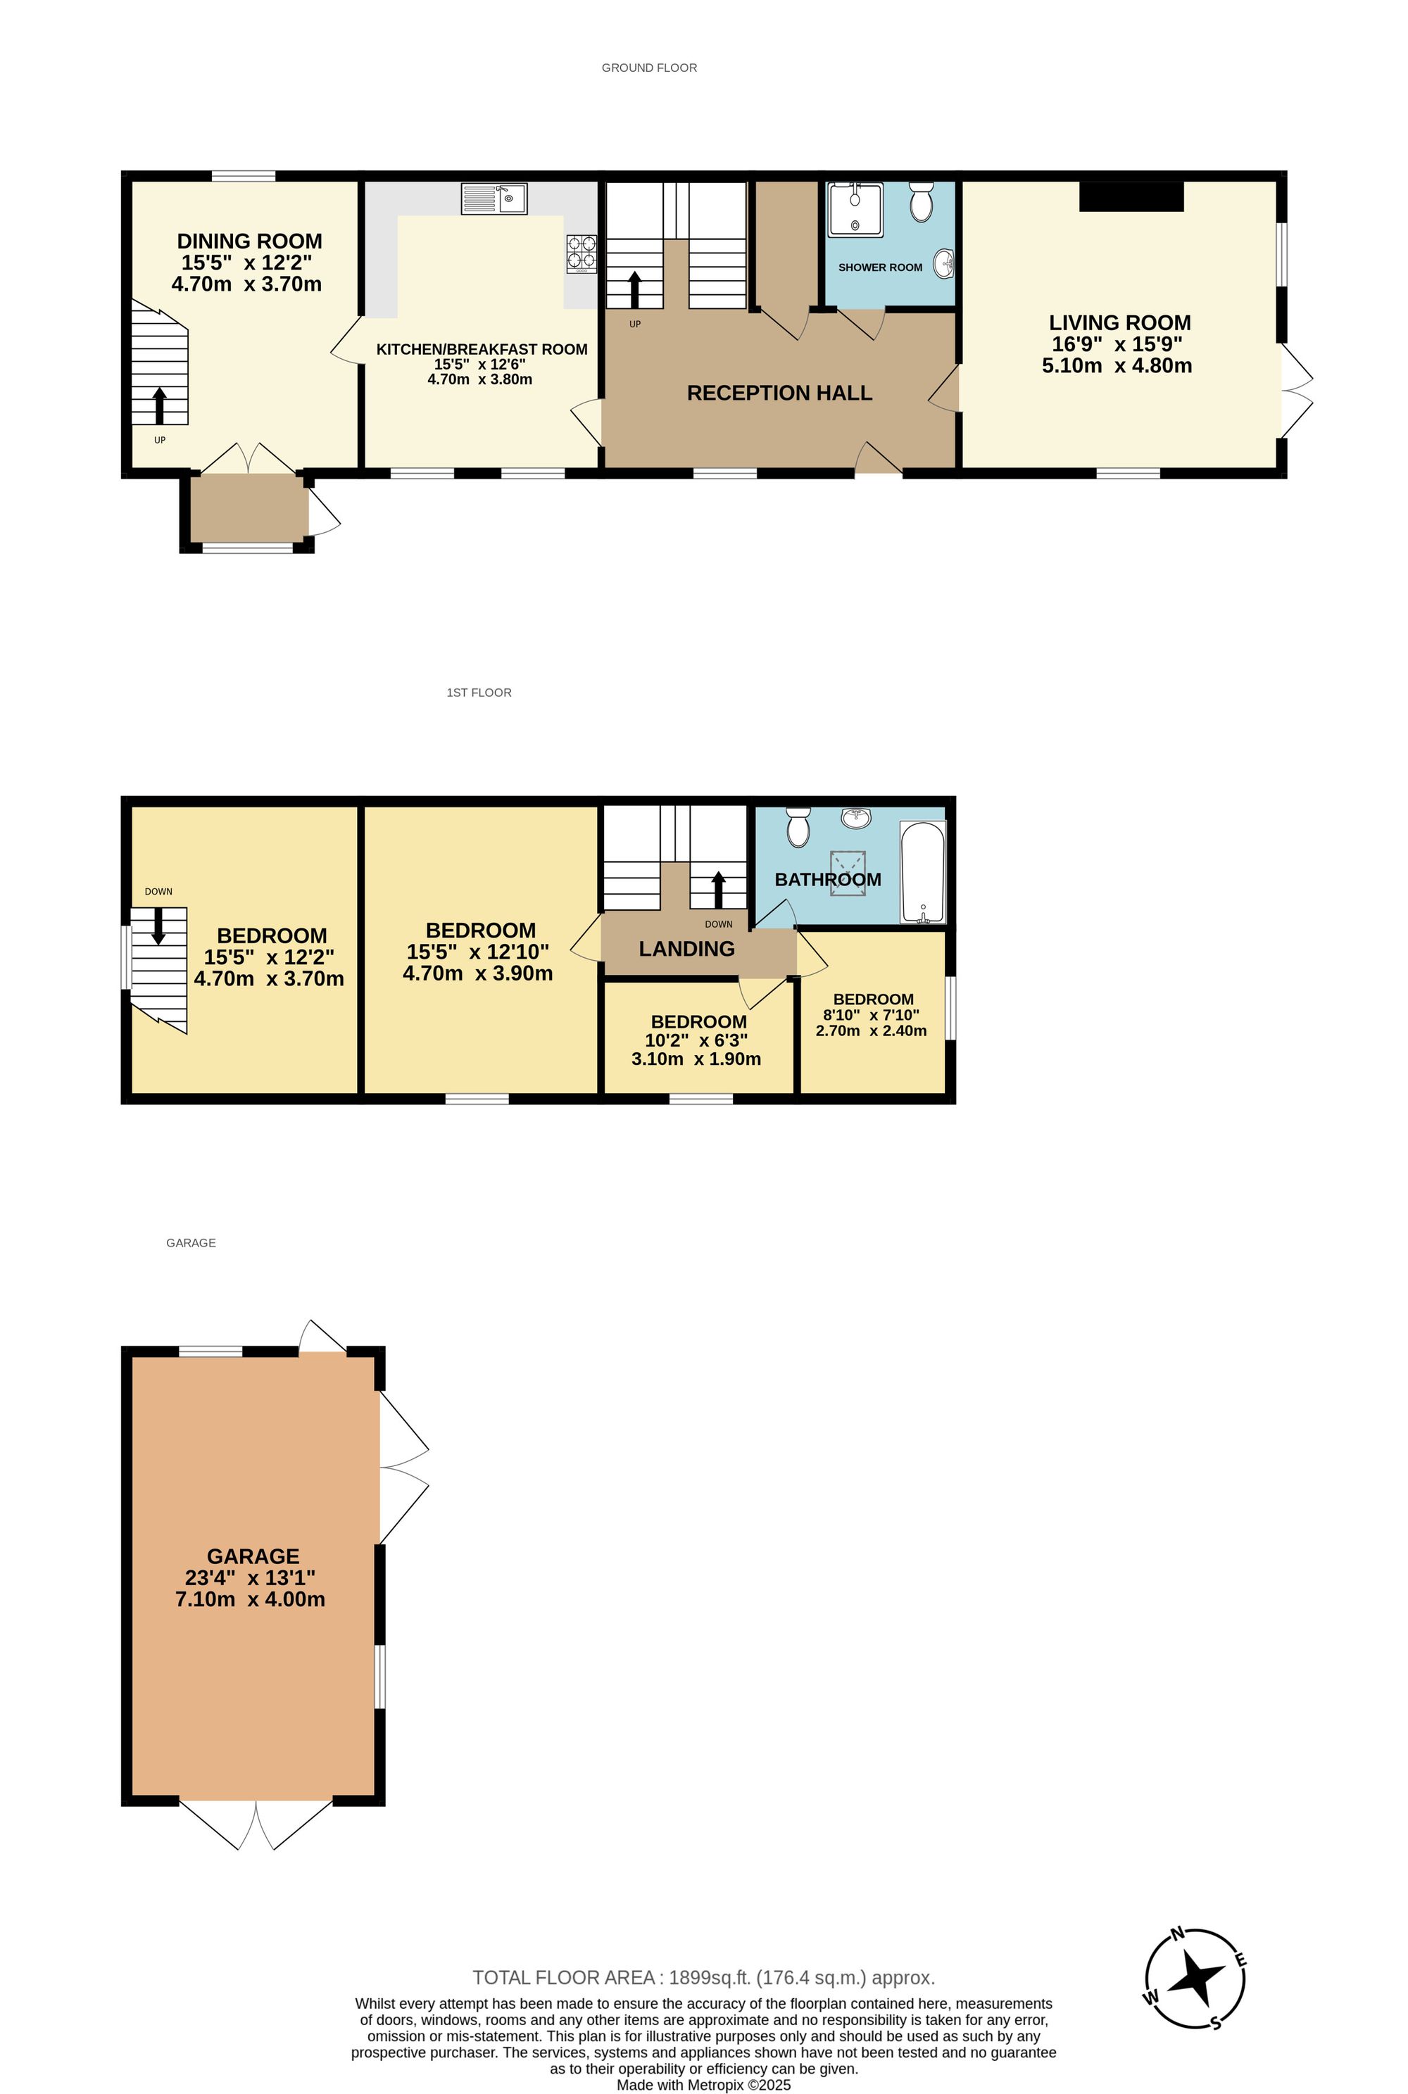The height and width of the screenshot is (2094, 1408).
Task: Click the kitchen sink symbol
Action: click(494, 198)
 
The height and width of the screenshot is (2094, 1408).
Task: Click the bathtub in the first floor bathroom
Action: click(923, 871)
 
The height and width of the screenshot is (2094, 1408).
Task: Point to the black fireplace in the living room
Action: click(1131, 196)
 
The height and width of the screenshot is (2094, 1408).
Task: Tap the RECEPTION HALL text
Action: click(779, 393)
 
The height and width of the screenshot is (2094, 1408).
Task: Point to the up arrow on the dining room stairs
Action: click(160, 405)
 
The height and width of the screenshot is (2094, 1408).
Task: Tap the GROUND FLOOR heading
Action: click(649, 68)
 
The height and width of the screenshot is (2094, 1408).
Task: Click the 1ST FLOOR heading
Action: click(479, 693)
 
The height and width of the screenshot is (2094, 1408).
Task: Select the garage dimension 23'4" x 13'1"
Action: click(251, 1578)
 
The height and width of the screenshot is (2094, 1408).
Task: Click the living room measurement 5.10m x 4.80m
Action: click(1117, 366)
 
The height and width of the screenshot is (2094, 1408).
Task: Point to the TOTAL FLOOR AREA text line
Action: click(703, 1977)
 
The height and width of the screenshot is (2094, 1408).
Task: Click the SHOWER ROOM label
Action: click(880, 267)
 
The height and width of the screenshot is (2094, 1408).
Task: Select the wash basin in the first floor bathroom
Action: click(857, 816)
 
